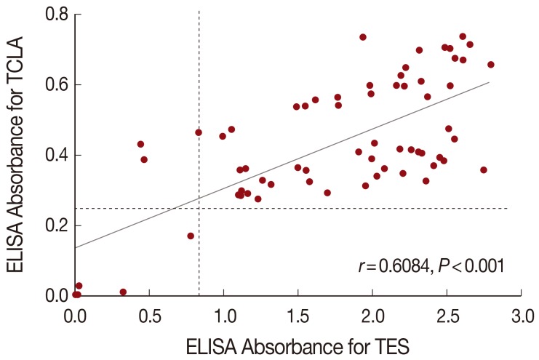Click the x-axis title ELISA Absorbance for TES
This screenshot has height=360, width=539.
coord(298,345)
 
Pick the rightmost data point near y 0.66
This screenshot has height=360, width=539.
coord(490,65)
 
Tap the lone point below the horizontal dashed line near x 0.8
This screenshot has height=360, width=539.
coord(191,236)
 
